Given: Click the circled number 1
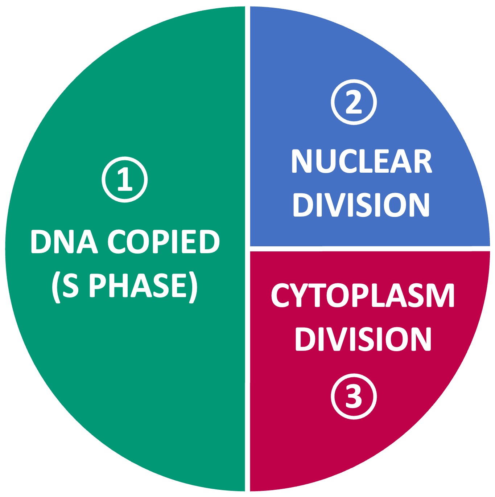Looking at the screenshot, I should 124,180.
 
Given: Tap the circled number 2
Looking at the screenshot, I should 354,102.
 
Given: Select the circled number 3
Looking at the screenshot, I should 354,397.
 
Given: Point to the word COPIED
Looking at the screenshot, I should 164,242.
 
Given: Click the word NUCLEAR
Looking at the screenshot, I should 361,161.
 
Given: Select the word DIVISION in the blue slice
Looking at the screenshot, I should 361,205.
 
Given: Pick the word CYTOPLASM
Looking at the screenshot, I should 363,296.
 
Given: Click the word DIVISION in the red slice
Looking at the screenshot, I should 363,339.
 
